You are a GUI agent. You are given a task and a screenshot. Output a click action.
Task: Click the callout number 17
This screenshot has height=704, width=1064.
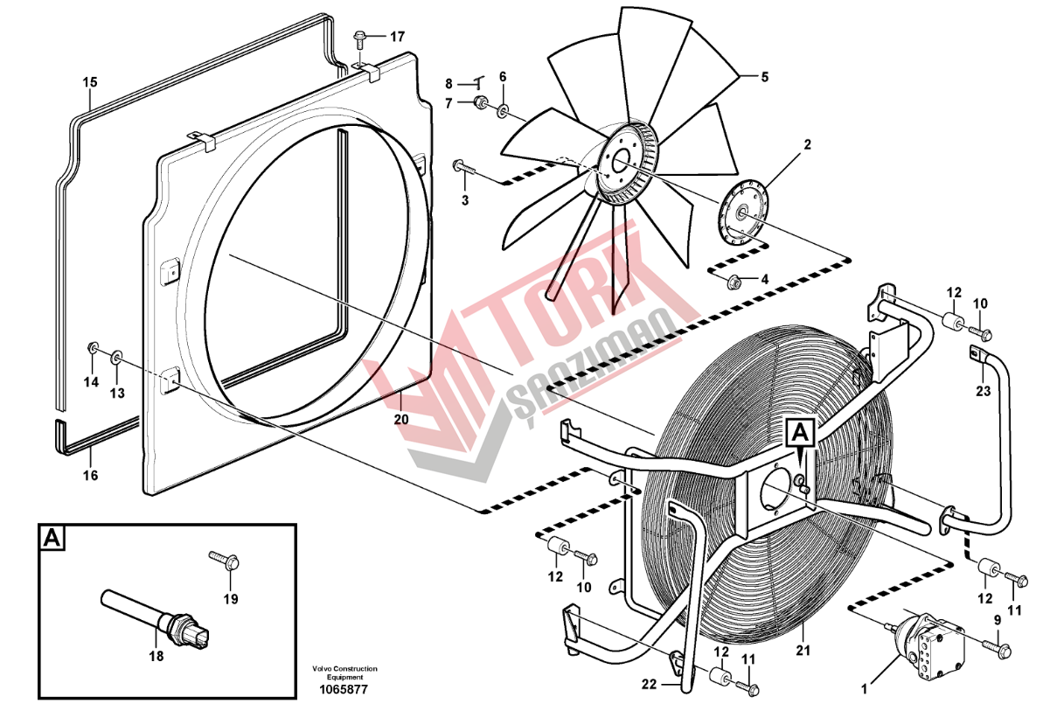coord(397,37)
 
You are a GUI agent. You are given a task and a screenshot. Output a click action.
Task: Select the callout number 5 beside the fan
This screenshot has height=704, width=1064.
coord(764,77)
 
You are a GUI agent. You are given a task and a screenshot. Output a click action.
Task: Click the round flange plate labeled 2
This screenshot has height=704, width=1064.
coord(743,212)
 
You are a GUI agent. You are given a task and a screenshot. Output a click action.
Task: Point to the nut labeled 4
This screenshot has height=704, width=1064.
coord(734,283)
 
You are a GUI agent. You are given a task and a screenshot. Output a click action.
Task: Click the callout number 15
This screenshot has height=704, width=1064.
coord(90,82)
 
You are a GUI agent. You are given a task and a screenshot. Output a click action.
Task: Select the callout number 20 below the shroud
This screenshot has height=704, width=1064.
coord(401,420)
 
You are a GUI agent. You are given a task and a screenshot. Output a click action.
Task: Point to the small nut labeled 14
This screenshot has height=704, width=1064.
coord(92,349)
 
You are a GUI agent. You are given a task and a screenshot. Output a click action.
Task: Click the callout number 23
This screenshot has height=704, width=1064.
coord(984,391)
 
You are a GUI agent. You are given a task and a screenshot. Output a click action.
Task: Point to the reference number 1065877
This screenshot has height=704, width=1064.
coord(344,688)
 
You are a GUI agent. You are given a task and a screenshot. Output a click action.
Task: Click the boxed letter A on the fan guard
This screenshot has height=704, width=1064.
coord(800,433)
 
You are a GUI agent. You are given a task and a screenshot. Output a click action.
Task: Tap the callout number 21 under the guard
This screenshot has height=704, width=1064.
coord(803,651)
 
